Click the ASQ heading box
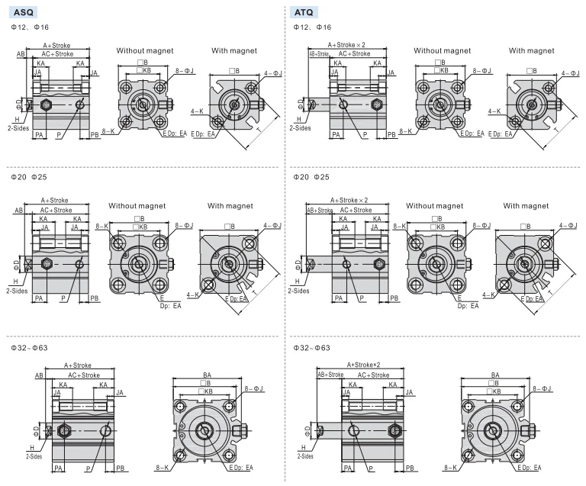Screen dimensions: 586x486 point(23,12)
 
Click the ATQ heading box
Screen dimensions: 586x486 point(304,12)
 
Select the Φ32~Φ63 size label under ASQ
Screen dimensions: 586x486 point(29,348)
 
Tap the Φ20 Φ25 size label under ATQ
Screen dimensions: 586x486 point(311,177)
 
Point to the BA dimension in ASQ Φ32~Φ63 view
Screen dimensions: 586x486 point(207,375)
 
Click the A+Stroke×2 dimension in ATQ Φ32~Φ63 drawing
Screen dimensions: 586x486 point(363,365)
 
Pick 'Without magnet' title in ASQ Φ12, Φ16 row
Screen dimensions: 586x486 point(145,50)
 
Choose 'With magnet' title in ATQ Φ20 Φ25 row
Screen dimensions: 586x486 point(526,205)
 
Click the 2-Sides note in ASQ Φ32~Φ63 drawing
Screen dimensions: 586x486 point(34,456)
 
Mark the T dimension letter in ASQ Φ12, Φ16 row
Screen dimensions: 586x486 point(259,130)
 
